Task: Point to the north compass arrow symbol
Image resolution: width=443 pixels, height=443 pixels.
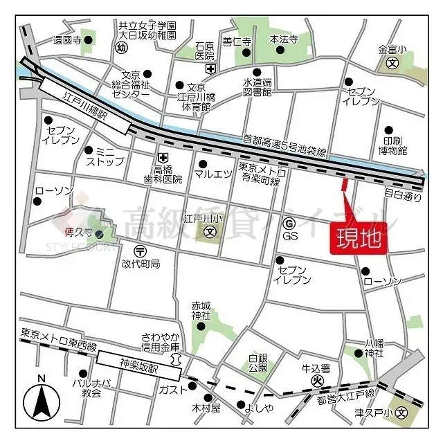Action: pos(42,400)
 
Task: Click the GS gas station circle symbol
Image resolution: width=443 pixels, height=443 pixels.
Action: pos(289,222)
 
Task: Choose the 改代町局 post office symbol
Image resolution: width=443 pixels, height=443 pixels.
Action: pos(141,251)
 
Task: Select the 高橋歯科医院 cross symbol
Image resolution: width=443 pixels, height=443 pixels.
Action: pos(163,158)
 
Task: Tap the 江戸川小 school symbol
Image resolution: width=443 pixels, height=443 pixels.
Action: pos(209,232)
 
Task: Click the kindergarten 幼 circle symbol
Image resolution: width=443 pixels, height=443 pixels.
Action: pos(122,48)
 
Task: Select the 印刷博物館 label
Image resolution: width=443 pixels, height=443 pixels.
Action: pos(392,143)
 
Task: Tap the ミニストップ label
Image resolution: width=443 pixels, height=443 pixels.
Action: pos(105,156)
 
